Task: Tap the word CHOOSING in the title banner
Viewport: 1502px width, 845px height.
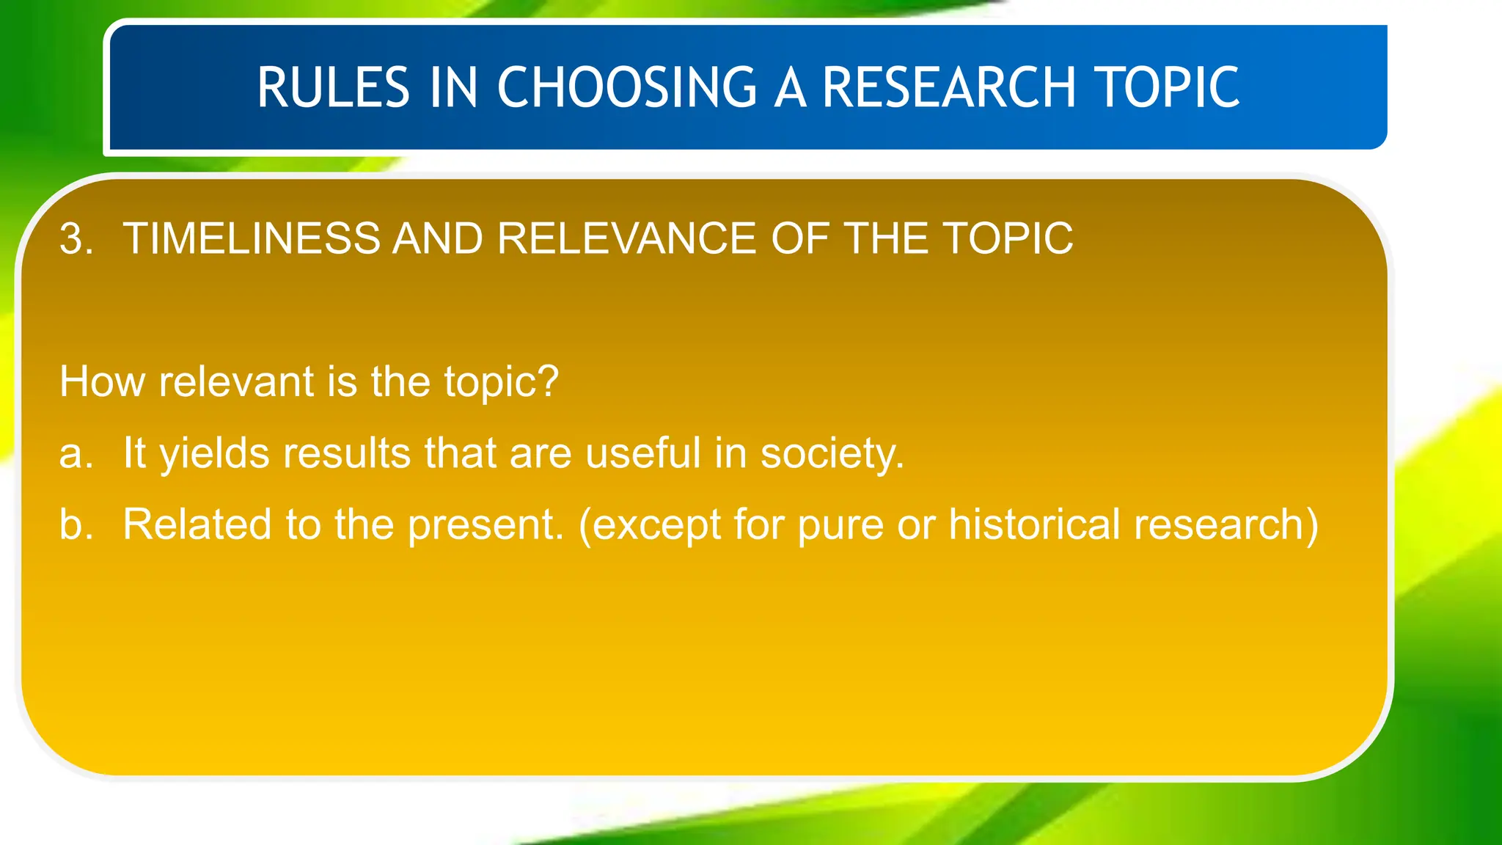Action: point(627,88)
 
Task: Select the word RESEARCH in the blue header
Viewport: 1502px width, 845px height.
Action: point(948,88)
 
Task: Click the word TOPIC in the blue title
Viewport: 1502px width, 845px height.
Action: point(1166,88)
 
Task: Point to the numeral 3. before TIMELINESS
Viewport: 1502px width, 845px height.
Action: point(76,239)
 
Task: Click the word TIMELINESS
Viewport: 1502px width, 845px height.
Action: point(252,239)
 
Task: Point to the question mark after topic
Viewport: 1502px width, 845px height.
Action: point(547,382)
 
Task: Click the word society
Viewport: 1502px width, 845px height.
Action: point(832,454)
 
